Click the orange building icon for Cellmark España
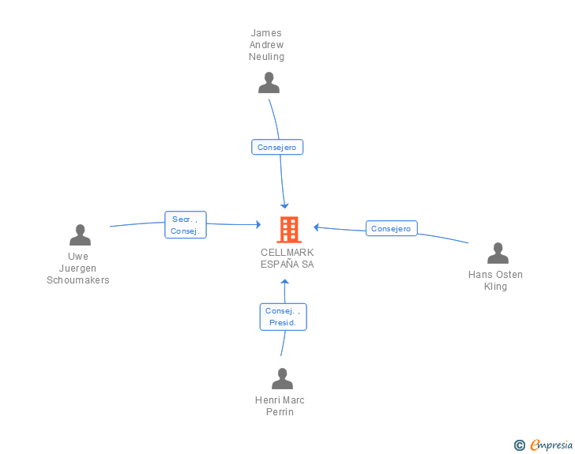point(289,230)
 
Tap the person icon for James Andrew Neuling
point(269,83)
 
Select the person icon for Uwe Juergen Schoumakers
point(80,235)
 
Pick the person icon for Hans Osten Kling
point(498,253)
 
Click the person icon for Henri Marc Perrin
point(282,378)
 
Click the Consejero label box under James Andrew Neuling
point(277,147)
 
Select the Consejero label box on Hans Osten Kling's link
point(391,228)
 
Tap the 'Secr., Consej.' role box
point(186,225)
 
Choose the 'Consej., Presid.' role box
point(283,317)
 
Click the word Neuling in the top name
point(267,57)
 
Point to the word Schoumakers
point(78,280)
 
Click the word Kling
point(495,287)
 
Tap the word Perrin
point(280,412)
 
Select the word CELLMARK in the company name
point(287,253)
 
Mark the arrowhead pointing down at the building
point(284,206)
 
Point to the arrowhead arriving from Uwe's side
point(258,224)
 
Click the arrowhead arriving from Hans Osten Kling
point(316,227)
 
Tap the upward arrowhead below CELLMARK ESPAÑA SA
point(284,282)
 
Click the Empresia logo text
point(551,445)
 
